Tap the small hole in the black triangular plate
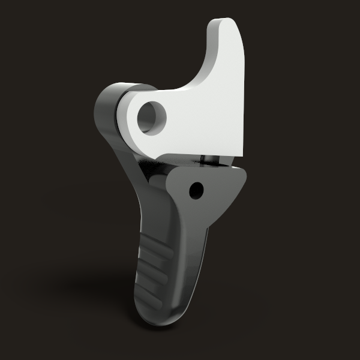click(x=194, y=191)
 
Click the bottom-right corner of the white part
click(x=243, y=153)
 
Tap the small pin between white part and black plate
click(x=207, y=159)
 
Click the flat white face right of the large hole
click(x=204, y=120)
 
